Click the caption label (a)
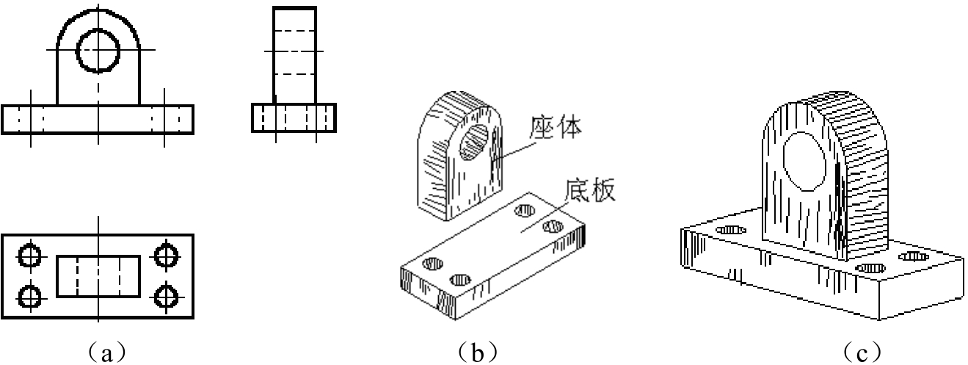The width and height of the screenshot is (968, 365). pos(106,353)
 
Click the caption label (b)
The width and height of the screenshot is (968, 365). pos(477,353)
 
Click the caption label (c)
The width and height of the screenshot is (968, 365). pos(862,353)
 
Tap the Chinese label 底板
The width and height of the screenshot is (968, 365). pos(589,190)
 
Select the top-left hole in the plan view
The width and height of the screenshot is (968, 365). pos(30,256)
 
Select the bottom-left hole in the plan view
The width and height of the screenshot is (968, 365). pos(30,297)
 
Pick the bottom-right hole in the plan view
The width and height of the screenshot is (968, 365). pos(167,297)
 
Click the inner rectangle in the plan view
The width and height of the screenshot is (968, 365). pos(57,276)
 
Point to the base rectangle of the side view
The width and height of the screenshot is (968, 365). pos(252,118)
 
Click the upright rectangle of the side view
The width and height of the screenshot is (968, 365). pos(274,55)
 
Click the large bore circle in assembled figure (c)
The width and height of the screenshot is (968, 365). pos(783,161)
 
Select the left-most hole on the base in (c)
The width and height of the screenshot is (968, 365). pos(730,230)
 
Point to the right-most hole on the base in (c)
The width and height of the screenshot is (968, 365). pos(914,256)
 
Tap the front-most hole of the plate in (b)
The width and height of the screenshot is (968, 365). pos(460,280)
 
